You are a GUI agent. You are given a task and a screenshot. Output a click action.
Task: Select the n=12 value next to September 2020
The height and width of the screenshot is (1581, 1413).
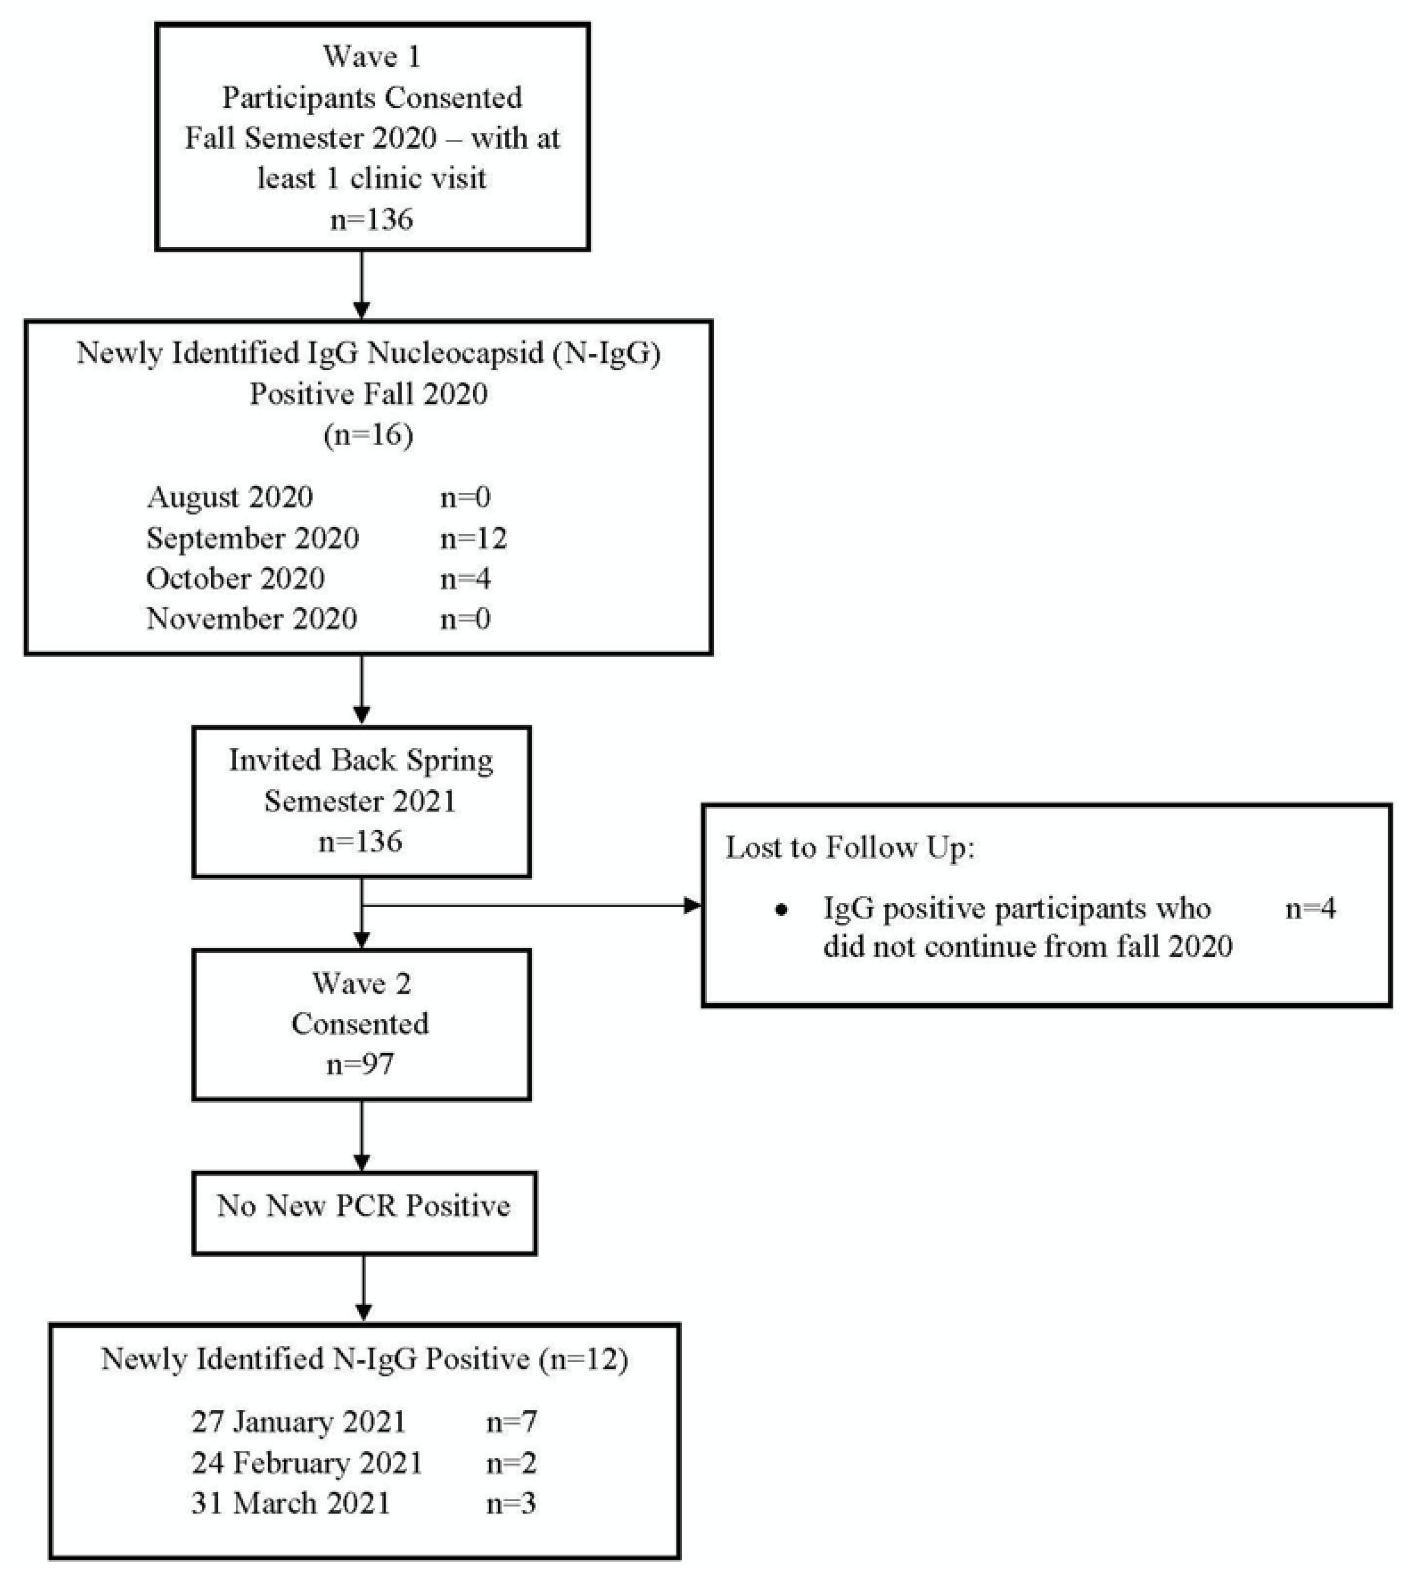tap(474, 538)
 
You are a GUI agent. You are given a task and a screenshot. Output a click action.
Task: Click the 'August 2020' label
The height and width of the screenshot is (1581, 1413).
tap(230, 497)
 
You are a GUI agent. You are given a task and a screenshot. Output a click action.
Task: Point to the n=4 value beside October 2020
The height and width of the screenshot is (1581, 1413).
tap(465, 578)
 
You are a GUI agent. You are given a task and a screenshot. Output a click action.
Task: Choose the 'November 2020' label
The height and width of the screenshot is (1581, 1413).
tap(252, 619)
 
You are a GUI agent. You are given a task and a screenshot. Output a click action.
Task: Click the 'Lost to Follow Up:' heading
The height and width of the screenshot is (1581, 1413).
tap(849, 847)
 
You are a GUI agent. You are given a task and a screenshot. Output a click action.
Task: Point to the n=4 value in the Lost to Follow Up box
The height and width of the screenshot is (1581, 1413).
tap(1311, 908)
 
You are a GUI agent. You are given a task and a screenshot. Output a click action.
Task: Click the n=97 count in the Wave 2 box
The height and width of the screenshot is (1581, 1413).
tap(360, 1064)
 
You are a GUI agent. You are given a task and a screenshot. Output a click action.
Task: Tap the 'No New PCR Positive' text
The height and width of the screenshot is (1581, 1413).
tap(363, 1206)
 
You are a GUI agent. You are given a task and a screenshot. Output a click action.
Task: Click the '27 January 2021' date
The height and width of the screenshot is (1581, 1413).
tap(299, 1422)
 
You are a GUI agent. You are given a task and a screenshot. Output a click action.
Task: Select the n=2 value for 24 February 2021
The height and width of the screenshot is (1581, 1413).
tap(511, 1463)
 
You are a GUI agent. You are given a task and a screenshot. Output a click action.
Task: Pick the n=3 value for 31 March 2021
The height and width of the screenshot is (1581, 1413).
tap(511, 1503)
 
